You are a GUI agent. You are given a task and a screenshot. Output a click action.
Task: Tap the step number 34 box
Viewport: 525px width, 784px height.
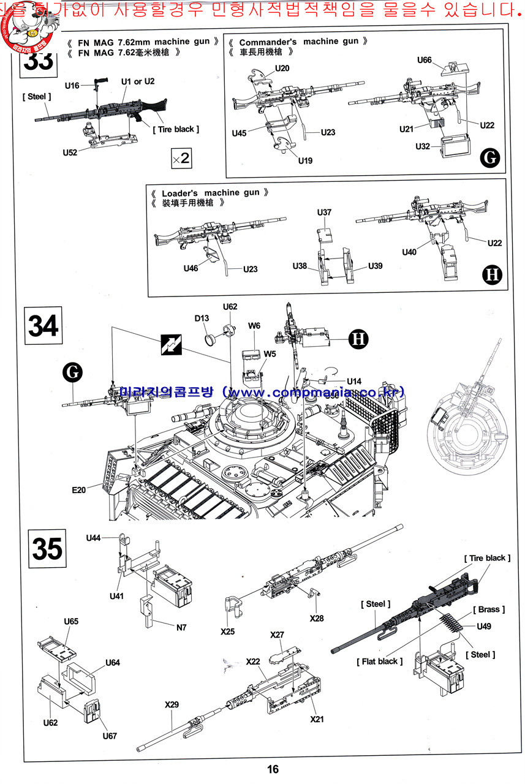(43, 326)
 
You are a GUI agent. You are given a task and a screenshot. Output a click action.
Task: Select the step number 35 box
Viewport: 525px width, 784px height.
(47, 549)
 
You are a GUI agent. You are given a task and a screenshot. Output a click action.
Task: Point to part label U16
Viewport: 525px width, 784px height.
(72, 86)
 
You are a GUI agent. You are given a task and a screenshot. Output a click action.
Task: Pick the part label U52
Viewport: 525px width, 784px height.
(70, 153)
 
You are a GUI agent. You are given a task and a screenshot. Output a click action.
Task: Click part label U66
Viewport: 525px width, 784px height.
(425, 60)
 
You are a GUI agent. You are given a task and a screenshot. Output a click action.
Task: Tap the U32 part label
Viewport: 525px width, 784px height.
(423, 146)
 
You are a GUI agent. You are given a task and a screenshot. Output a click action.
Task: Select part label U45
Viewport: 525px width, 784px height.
(240, 133)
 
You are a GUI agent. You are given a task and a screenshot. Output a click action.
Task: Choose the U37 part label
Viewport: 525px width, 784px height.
(325, 213)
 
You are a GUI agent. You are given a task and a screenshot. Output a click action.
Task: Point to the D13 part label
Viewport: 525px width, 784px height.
(202, 318)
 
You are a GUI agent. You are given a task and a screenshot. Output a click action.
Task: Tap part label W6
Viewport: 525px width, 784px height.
(255, 326)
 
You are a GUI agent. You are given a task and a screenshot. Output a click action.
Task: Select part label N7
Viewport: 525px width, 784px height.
(181, 627)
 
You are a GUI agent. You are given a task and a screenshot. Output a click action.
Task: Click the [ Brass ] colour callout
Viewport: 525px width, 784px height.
(489, 609)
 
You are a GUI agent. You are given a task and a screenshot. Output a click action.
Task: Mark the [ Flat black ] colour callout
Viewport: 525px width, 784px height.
(379, 661)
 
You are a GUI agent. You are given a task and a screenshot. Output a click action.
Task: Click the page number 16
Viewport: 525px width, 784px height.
(273, 769)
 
